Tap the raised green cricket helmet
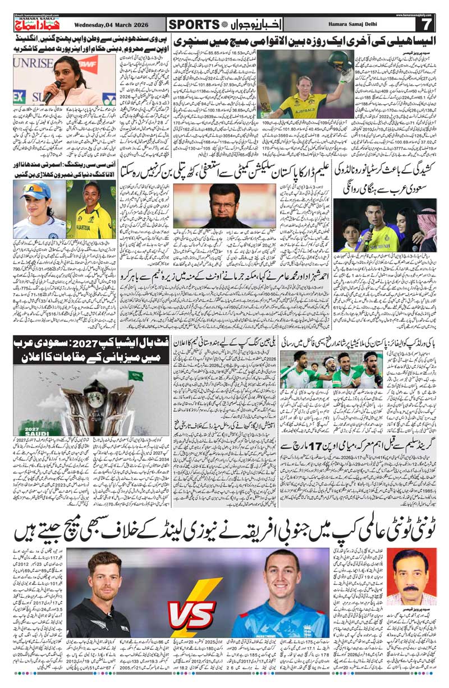coord(336,61)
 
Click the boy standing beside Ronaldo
coord(350,231)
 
